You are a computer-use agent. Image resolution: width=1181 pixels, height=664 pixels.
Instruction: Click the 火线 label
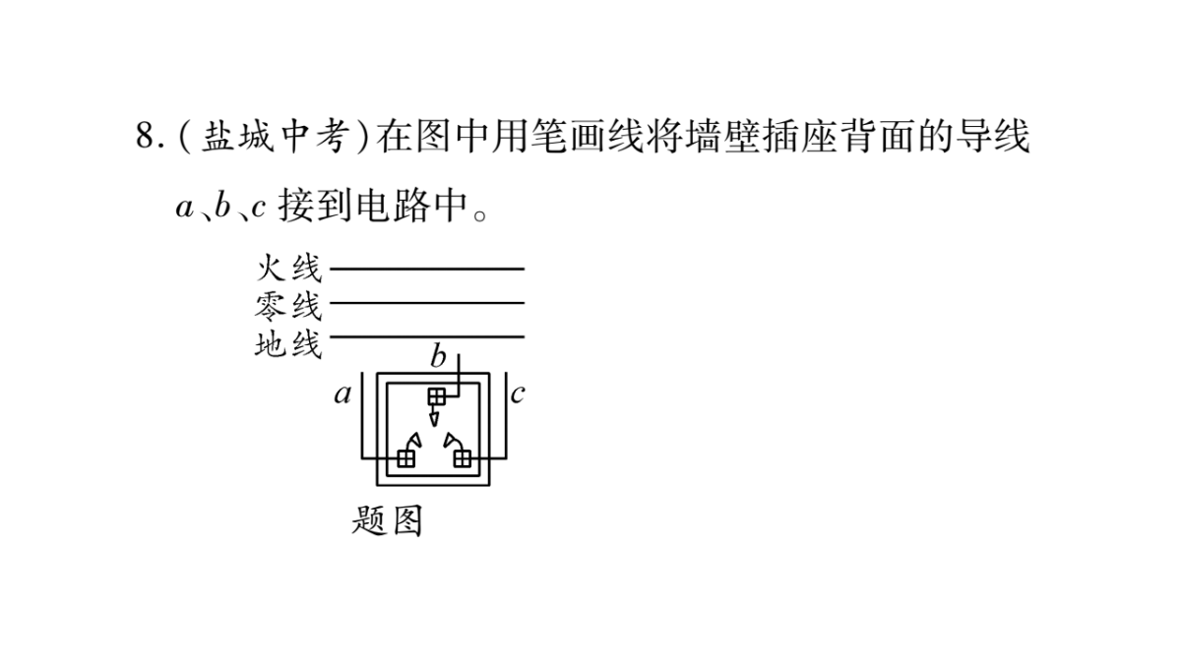coord(288,268)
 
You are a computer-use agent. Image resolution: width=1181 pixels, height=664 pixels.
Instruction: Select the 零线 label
coord(288,306)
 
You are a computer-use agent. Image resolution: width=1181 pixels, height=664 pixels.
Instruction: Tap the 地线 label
coord(288,344)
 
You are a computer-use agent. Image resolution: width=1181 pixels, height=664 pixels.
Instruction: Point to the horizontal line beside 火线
coord(427,269)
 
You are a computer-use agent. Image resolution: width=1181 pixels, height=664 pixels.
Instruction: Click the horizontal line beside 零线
coord(427,303)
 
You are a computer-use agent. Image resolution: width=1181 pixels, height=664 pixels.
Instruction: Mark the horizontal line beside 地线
coord(427,336)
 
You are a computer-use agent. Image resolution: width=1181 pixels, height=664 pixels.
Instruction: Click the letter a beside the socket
coord(342,394)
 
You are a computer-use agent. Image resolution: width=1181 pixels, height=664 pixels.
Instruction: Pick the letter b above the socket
coord(438,356)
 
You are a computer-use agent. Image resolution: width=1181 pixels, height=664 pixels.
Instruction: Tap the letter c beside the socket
coord(518,393)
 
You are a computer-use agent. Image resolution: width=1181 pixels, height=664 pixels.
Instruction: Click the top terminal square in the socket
coord(437,396)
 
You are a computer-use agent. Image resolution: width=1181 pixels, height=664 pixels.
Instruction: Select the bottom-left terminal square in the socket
coord(405,458)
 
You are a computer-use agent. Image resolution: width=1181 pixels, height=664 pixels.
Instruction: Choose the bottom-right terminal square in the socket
coord(463,458)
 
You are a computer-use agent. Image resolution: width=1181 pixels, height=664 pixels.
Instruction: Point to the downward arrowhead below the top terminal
coord(434,419)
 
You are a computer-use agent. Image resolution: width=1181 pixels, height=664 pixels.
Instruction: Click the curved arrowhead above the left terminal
coord(415,441)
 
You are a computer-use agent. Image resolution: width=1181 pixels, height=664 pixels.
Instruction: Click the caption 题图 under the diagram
coord(388,521)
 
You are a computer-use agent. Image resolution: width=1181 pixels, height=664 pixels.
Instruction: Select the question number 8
coord(145,136)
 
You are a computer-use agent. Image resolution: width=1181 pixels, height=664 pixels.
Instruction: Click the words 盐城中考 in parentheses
coord(276,137)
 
